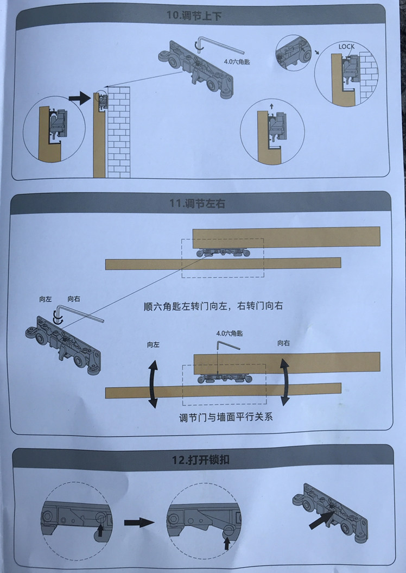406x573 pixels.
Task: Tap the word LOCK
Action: [346, 47]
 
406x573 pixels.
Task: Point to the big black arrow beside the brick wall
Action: [80, 98]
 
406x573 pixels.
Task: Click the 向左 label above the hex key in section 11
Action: [46, 299]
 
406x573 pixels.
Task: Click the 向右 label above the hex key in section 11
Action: [74, 299]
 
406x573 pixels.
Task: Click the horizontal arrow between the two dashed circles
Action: [139, 522]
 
